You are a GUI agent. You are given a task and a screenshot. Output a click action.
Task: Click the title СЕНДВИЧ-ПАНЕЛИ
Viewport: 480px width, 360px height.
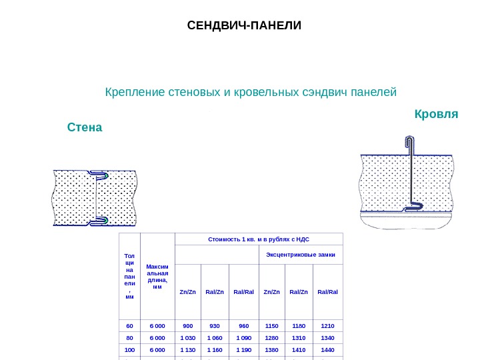244,26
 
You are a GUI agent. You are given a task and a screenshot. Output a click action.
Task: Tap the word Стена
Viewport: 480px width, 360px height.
85,127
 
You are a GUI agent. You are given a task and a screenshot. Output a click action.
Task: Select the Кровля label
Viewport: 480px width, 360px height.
436,114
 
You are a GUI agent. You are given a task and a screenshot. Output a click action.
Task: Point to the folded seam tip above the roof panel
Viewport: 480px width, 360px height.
408,140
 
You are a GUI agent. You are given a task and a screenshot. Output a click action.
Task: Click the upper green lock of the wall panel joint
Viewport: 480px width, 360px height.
105,176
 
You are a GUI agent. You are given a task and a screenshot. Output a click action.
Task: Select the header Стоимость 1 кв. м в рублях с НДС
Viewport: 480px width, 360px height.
259,239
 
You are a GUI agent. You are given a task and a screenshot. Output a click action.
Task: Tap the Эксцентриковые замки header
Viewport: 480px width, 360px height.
300,255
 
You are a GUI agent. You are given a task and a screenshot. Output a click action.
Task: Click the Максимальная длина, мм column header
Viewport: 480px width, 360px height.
157,276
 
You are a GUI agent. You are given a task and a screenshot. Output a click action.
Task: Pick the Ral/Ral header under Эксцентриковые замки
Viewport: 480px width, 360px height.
328,291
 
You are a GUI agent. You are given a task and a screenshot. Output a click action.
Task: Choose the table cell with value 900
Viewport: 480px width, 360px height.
188,325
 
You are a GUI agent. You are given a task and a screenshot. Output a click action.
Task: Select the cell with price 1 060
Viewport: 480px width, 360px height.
215,337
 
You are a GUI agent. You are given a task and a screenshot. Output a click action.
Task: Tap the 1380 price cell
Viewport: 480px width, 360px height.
271,349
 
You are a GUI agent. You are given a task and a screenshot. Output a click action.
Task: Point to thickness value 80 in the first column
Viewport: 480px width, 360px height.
130,337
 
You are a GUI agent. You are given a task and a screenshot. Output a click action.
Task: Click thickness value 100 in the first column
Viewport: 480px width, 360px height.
130,349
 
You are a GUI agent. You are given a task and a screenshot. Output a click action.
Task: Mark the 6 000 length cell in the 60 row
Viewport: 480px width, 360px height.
157,325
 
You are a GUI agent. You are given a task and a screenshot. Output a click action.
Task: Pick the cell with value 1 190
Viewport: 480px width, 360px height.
243,349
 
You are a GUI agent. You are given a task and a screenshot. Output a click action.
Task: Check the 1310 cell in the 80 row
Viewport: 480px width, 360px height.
299,337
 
